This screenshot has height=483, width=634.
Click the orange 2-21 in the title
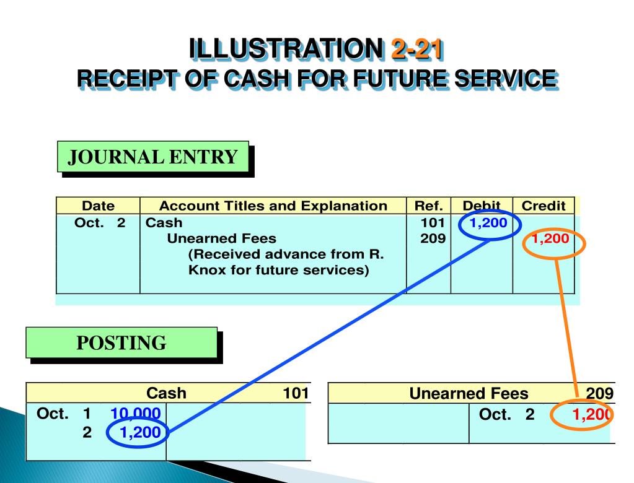click(x=416, y=50)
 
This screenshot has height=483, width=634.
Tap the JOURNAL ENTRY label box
click(x=152, y=157)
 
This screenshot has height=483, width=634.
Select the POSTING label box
click(x=121, y=342)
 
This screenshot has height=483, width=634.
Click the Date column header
click(x=98, y=206)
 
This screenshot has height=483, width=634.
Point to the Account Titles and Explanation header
click(x=273, y=206)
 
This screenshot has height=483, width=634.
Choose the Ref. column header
click(x=428, y=206)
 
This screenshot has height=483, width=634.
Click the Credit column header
click(x=544, y=206)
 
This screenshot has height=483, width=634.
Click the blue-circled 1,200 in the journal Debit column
click(x=489, y=223)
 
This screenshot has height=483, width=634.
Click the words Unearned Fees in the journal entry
click(x=222, y=238)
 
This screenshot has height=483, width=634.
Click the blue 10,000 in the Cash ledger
click(x=136, y=414)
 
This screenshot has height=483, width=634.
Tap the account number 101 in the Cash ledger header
click(x=296, y=393)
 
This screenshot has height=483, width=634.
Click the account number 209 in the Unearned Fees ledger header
click(x=600, y=393)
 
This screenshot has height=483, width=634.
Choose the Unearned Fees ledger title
click(x=469, y=393)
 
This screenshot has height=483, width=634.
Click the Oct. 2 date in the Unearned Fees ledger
click(x=506, y=414)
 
